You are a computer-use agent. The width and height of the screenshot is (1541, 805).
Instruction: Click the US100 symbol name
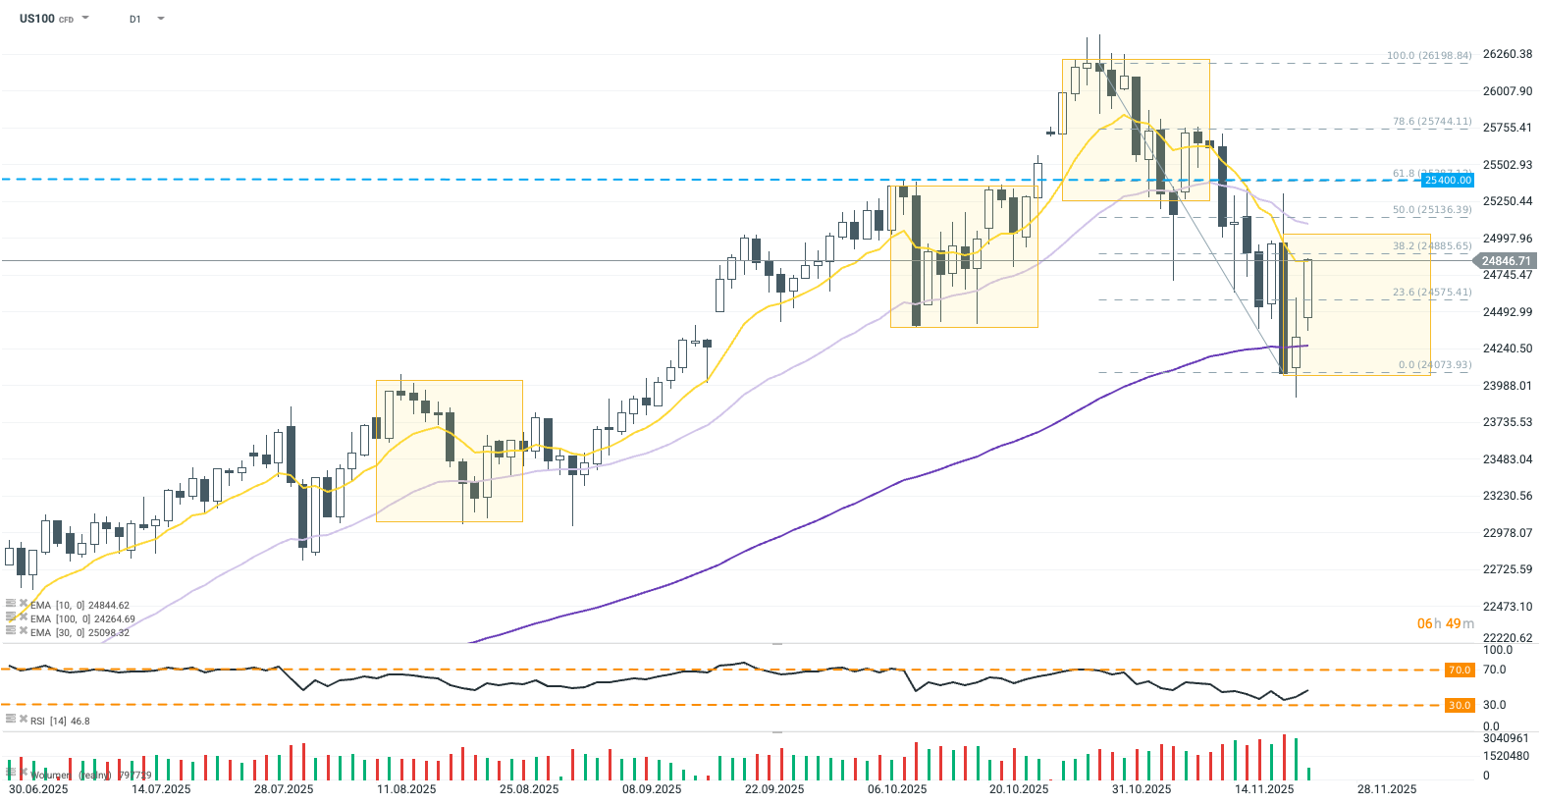37,19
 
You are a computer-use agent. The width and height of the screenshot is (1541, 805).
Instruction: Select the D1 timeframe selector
135,19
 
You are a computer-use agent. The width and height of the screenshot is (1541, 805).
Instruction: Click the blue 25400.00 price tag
1448,180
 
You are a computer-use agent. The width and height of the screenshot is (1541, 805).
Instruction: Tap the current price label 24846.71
1506,261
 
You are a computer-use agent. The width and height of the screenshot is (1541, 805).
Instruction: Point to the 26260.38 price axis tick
1507,54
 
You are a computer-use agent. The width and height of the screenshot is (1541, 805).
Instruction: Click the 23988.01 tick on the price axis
1507,386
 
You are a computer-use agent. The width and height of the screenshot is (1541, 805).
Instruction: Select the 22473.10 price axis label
1507,607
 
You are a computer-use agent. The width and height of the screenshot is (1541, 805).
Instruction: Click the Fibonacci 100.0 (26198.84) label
1428,56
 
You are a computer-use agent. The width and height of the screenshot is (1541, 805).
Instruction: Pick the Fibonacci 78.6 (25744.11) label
1431,122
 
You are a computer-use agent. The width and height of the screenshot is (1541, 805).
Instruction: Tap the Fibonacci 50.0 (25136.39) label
1431,210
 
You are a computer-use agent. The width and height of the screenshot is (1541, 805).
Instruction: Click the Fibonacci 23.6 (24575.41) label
1431,293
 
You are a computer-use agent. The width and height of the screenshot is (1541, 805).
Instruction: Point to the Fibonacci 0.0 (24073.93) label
1434,365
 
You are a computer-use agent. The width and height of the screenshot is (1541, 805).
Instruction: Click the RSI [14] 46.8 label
59,722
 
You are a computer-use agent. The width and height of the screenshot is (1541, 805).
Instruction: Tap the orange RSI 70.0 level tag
1460,671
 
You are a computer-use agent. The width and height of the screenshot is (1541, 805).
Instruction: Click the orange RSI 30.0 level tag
1460,705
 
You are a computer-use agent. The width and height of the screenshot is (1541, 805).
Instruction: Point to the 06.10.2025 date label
897,789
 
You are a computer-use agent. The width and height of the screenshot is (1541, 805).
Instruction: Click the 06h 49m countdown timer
1445,623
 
